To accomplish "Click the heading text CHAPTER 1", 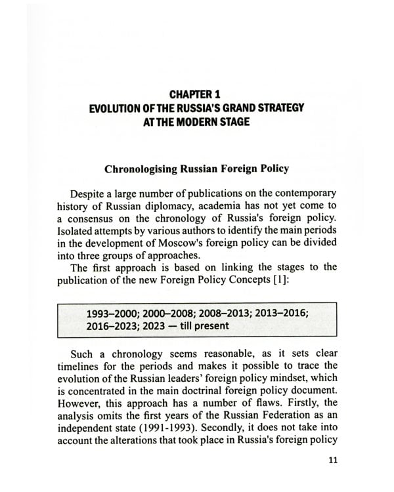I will [x=196, y=94].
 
